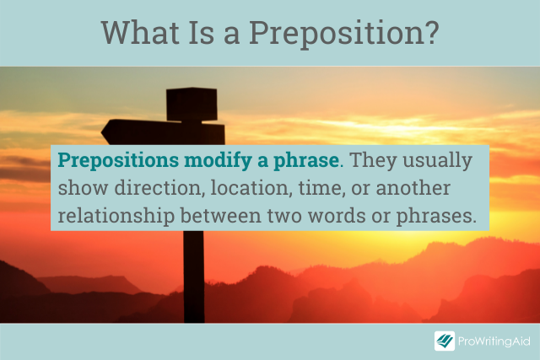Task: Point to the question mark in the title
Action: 432,32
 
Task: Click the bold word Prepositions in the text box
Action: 118,161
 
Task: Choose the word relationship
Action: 116,217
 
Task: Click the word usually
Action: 437,161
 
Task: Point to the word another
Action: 413,188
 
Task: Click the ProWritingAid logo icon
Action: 445,341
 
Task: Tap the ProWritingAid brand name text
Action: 494,341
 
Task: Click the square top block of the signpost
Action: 192,104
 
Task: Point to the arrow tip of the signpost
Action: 101,132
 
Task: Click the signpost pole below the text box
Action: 193,277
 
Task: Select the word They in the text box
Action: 373,160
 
